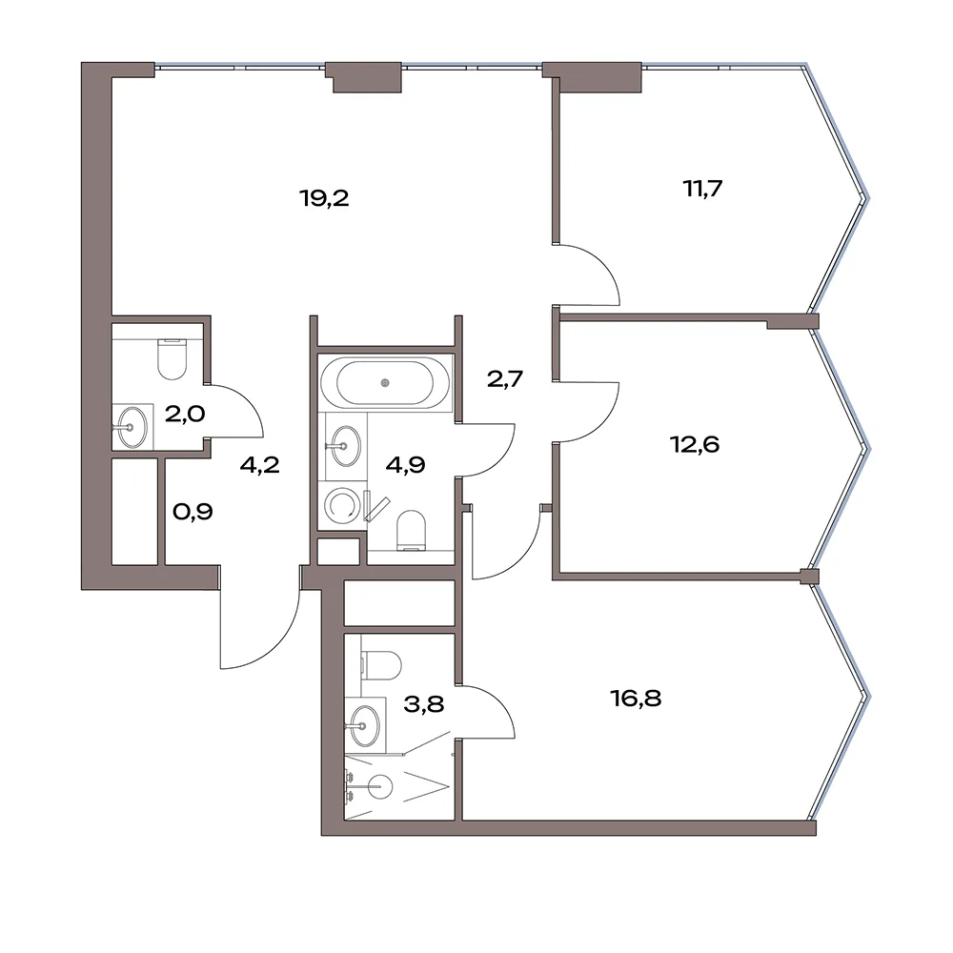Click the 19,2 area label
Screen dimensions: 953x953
tap(325, 198)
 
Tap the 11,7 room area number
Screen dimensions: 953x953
tap(702, 189)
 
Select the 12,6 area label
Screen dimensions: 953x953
tap(695, 444)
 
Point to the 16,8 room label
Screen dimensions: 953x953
tap(637, 699)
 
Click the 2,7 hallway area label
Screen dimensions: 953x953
tap(505, 379)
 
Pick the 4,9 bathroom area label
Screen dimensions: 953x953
tap(405, 465)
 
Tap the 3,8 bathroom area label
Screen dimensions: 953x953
tap(424, 704)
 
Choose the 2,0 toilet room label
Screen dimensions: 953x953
tap(185, 414)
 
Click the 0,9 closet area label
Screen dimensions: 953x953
tap(193, 512)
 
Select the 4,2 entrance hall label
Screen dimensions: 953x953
tap(259, 465)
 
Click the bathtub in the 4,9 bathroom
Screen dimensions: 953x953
tap(385, 383)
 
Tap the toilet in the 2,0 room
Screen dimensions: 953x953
tap(172, 359)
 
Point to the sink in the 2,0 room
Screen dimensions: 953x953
tap(132, 427)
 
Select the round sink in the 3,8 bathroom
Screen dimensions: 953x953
tap(364, 725)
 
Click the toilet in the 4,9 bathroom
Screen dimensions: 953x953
tap(411, 530)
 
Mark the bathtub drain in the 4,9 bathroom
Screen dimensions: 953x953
tap(385, 383)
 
